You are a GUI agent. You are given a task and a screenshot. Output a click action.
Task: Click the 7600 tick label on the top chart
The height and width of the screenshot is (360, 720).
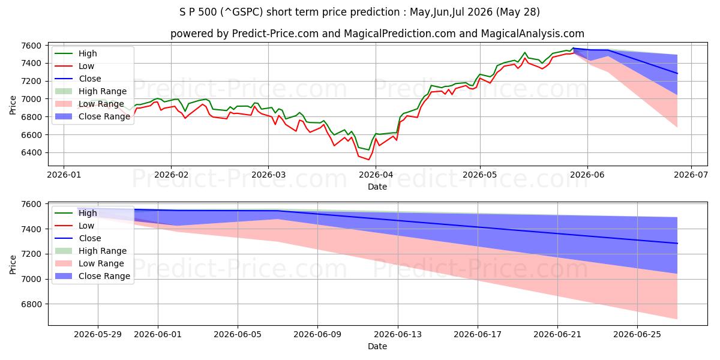click(x=31, y=46)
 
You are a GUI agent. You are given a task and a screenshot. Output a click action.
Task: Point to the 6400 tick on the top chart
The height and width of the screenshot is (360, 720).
click(x=31, y=152)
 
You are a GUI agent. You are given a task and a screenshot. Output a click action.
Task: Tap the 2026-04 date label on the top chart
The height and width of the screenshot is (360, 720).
click(x=376, y=175)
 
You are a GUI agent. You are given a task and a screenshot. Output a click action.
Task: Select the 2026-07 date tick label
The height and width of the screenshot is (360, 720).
click(x=691, y=175)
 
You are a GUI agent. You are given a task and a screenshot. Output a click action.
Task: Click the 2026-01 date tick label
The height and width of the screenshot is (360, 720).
click(x=64, y=175)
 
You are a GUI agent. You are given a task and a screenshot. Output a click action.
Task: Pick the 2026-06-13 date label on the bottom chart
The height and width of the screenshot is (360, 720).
click(x=398, y=335)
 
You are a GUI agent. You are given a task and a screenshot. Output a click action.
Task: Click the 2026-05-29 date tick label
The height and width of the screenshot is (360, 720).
click(x=98, y=335)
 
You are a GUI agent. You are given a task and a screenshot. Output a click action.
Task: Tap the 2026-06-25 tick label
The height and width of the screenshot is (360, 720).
click(x=637, y=335)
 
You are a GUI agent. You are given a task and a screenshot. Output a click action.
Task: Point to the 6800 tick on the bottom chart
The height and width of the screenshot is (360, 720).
click(x=31, y=304)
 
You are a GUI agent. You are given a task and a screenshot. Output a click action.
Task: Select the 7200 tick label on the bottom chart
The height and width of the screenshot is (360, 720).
click(x=31, y=254)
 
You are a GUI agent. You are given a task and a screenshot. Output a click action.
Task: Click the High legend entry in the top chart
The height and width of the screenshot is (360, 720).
click(x=76, y=53)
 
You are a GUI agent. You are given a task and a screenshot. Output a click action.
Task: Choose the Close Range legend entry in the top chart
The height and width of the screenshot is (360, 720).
click(x=92, y=116)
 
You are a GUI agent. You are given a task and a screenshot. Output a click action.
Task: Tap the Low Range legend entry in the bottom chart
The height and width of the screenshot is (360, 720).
click(x=89, y=263)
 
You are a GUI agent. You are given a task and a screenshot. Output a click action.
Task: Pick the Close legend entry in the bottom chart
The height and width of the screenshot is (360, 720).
click(x=78, y=238)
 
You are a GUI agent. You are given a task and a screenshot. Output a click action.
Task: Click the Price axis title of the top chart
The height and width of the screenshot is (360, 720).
click(x=13, y=105)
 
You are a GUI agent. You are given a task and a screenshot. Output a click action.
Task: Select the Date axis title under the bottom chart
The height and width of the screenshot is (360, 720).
click(x=377, y=347)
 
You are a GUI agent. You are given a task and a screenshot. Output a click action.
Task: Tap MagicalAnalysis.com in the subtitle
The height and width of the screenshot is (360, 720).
click(x=533, y=34)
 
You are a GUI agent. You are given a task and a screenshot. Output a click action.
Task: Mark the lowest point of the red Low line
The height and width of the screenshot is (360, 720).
click(x=368, y=160)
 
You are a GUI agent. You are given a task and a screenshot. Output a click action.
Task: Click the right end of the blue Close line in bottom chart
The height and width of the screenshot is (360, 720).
click(x=677, y=244)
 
